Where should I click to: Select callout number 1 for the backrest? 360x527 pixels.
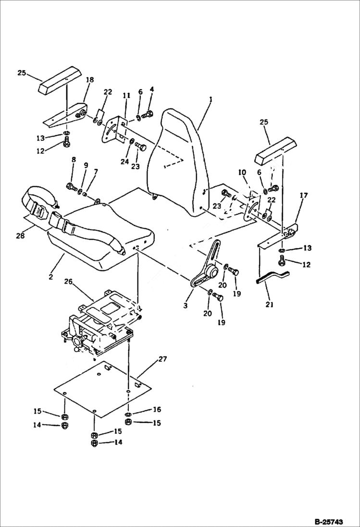pyautogui.click(x=210, y=99)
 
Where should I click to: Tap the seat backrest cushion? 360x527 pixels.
pyautogui.click(x=178, y=159)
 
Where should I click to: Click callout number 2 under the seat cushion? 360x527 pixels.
pyautogui.click(x=51, y=278)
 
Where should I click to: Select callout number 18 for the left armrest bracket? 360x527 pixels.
pyautogui.click(x=90, y=80)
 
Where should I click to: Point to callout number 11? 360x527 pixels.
pyautogui.click(x=126, y=96)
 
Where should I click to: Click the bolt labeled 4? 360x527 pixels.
pyautogui.click(x=149, y=114)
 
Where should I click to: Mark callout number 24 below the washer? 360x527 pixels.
pyautogui.click(x=124, y=162)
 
